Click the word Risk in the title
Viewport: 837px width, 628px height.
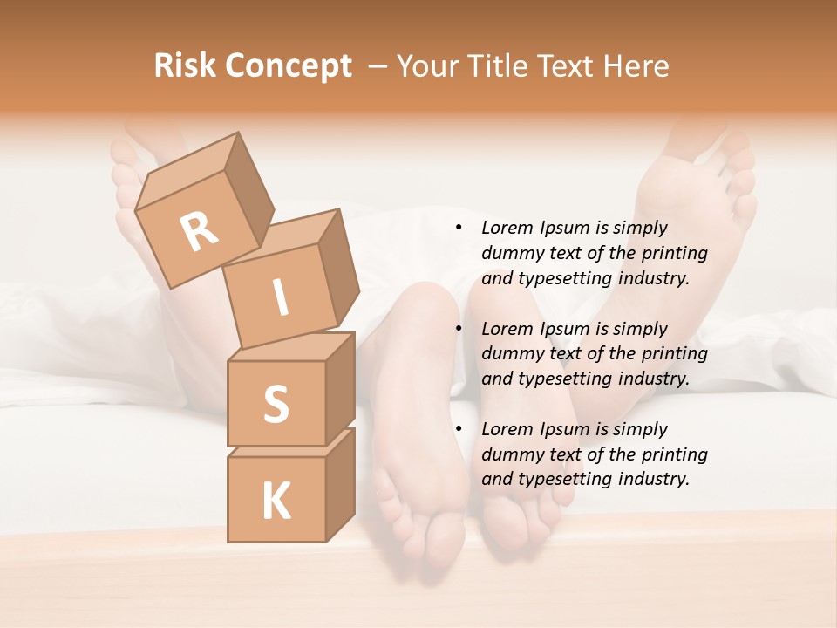click(186, 66)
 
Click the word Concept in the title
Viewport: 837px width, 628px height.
click(288, 66)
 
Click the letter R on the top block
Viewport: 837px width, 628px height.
click(199, 232)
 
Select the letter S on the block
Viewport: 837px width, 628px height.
click(276, 404)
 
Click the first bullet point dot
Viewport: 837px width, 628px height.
click(459, 229)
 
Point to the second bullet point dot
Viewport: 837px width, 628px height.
click(459, 329)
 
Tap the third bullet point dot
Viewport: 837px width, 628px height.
click(459, 429)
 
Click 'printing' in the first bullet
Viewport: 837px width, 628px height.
click(675, 254)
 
